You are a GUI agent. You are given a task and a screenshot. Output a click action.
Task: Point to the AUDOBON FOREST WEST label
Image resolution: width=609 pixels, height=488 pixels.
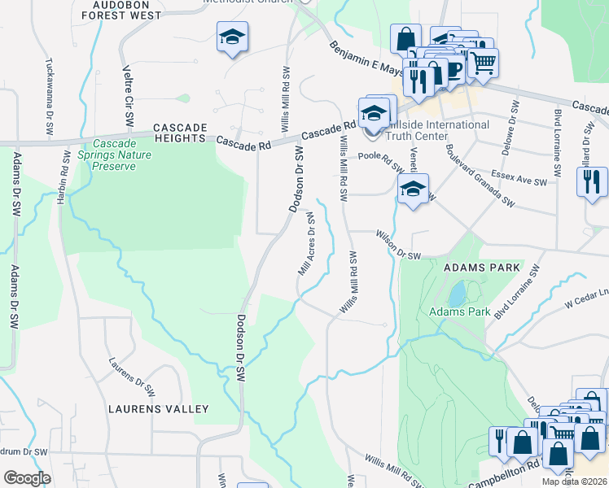(129, 9)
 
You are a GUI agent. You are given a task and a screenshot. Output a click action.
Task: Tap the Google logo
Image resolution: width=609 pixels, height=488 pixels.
(27, 477)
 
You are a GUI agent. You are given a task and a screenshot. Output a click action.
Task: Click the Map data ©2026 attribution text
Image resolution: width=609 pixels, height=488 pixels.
(574, 481)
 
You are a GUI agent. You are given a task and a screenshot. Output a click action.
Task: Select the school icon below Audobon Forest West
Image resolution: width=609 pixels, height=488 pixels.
(232, 37)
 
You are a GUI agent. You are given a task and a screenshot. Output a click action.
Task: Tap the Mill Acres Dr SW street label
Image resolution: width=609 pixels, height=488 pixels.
(307, 245)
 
